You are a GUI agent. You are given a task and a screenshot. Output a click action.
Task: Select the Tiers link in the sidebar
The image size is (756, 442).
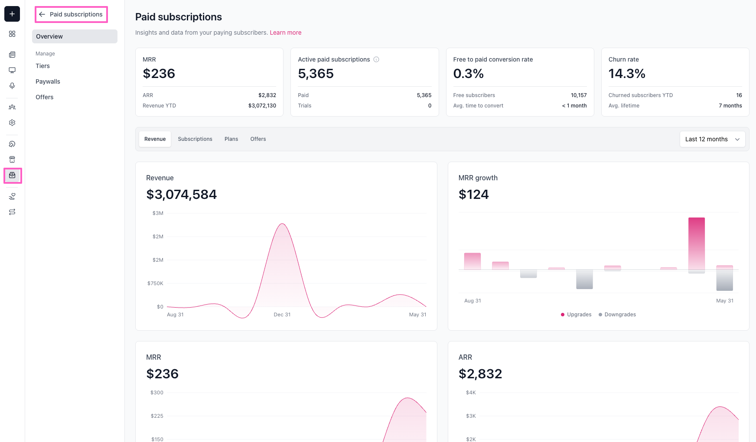point(42,66)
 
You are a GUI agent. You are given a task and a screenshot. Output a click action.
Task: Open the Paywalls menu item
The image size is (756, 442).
point(48,81)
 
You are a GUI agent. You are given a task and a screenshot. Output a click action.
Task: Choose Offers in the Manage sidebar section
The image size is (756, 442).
point(44,97)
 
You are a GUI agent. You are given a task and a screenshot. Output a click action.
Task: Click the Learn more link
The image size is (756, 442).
point(286,32)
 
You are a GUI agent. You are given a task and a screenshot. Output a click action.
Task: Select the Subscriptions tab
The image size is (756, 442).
point(195,139)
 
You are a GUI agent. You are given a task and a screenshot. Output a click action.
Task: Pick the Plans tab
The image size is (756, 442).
point(231,139)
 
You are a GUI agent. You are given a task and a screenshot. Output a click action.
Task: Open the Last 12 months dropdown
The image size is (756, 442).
point(712,139)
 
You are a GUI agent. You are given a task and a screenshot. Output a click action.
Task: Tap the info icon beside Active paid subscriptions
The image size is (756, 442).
point(376,59)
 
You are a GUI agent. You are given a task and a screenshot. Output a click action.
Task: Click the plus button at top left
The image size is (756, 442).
point(12,14)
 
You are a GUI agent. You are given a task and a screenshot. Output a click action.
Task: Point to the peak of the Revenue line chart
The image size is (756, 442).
point(283,224)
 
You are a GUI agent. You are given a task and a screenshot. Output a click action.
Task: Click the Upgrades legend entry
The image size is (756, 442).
point(576,315)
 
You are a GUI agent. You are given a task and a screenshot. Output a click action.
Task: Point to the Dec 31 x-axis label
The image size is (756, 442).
point(282,315)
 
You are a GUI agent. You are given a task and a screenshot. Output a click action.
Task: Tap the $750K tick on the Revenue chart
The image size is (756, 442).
point(155,283)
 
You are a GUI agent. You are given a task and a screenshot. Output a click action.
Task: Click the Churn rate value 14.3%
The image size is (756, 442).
point(627,74)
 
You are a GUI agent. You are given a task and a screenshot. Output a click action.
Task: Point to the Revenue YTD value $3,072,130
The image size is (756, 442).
point(262,106)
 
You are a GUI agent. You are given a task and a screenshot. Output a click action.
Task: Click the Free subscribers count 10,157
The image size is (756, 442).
point(579,95)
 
